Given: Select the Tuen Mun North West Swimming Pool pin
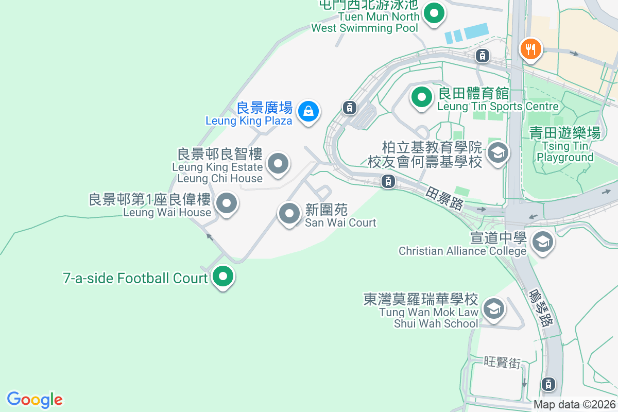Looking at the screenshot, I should pyautogui.click(x=434, y=13).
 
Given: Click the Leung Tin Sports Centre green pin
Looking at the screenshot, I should pyautogui.click(x=422, y=97).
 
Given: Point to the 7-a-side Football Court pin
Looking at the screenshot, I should pyautogui.click(x=223, y=277).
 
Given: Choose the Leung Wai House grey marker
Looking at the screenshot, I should pyautogui.click(x=226, y=203).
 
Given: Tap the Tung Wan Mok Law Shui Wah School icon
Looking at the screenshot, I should pyautogui.click(x=494, y=309).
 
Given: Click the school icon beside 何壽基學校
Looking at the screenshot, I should pyautogui.click(x=497, y=152).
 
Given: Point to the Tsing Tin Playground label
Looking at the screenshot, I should pyautogui.click(x=565, y=145).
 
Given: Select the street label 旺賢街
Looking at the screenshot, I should pyautogui.click(x=502, y=363).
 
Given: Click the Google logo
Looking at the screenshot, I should pyautogui.click(x=35, y=400).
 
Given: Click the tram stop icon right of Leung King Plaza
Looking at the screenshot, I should pyautogui.click(x=350, y=107).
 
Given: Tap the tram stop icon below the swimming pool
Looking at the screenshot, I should pyautogui.click(x=482, y=56).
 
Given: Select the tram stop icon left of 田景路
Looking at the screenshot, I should pyautogui.click(x=388, y=181).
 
